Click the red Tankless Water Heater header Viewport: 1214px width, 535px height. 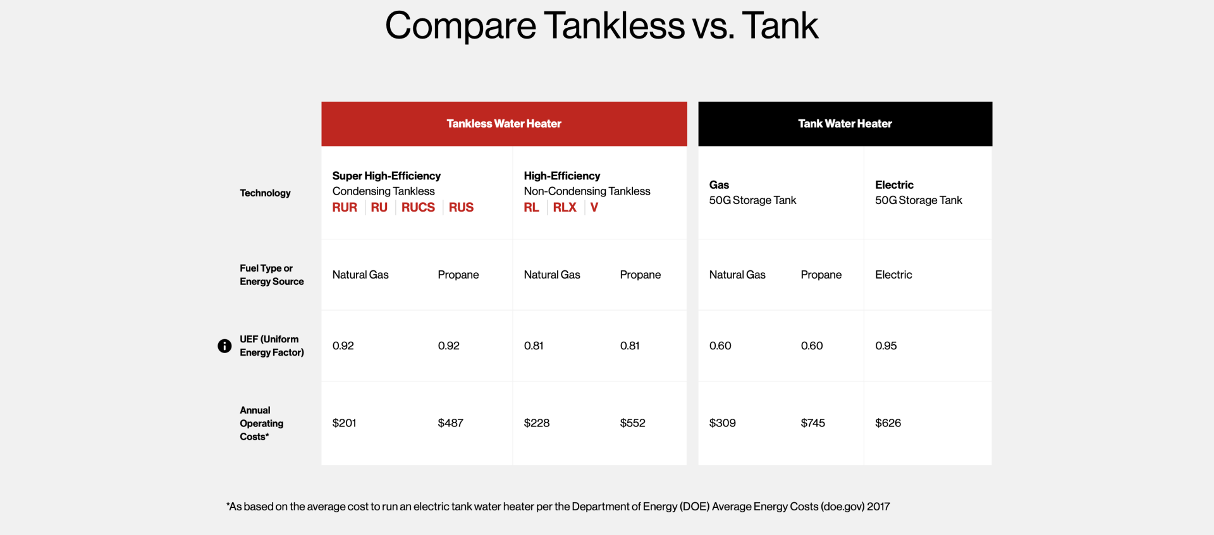504,124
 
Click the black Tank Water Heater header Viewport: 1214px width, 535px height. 845,124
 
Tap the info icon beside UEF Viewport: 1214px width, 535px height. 224,346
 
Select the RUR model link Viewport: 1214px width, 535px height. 345,207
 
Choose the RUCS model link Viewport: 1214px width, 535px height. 418,207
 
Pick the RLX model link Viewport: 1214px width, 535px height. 565,207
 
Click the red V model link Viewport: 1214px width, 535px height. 594,207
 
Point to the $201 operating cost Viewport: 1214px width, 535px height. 345,423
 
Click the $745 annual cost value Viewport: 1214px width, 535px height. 812,423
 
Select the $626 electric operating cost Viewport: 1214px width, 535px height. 888,423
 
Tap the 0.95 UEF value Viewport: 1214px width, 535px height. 886,346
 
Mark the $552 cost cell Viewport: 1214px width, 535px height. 632,423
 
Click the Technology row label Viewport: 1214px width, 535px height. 265,193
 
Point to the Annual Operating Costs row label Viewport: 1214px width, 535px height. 261,423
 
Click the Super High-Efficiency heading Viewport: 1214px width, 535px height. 386,176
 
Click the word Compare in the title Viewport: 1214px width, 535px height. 460,26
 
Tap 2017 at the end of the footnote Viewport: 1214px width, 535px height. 878,507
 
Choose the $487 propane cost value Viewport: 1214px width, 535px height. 450,423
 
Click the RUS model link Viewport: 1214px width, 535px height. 461,207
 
